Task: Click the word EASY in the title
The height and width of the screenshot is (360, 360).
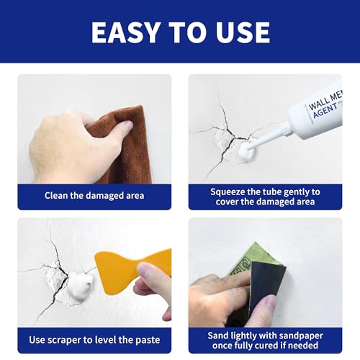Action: pyautogui.click(x=125, y=32)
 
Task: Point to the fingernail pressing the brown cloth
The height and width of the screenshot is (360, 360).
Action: pyautogui.click(x=127, y=125)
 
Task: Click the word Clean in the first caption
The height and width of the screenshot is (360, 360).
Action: pyautogui.click(x=56, y=195)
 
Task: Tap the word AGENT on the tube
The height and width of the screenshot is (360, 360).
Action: pyautogui.click(x=325, y=111)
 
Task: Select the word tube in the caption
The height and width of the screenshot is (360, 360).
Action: pyautogui.click(x=272, y=192)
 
